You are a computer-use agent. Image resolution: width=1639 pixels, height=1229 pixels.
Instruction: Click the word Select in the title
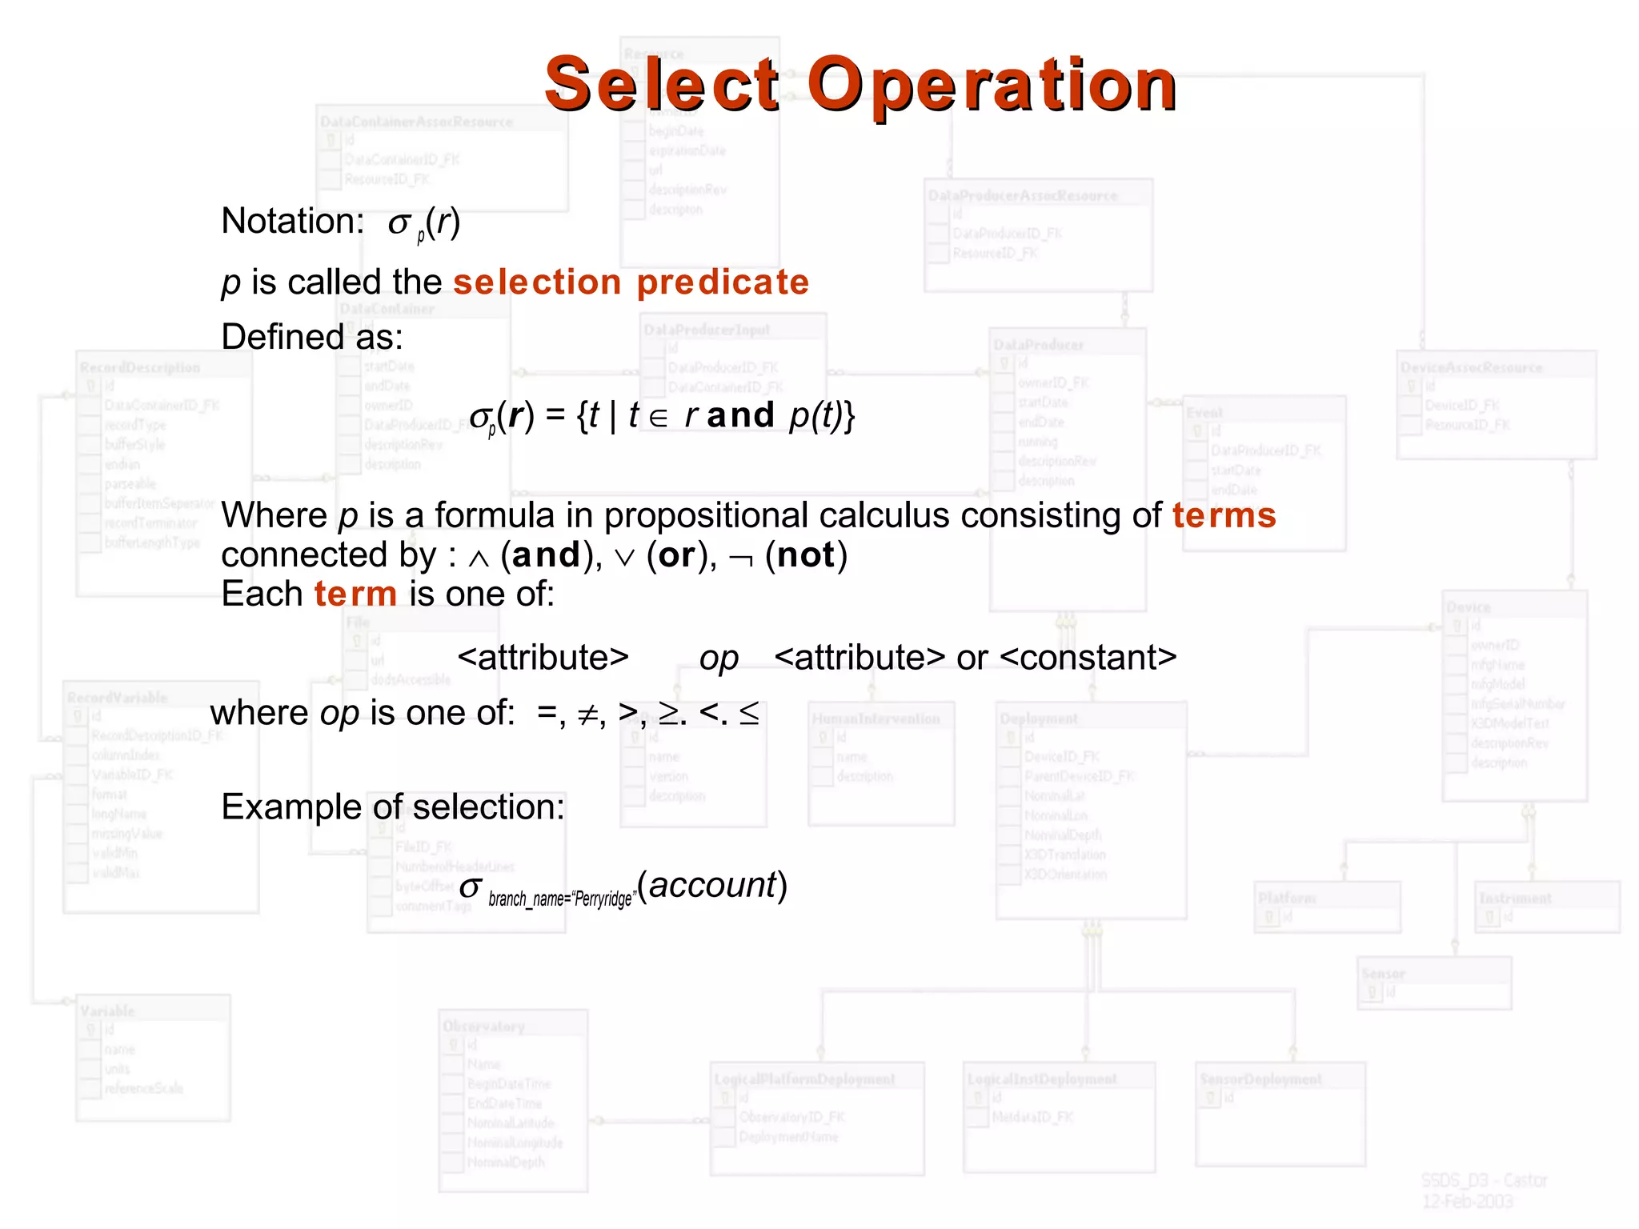click(661, 85)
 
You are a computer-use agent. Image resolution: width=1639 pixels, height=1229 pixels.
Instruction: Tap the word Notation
click(291, 222)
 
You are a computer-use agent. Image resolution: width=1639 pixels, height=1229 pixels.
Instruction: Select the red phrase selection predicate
click(631, 282)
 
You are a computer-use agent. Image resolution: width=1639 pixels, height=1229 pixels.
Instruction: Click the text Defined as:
click(312, 337)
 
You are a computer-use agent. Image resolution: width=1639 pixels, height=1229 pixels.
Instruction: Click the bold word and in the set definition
click(740, 416)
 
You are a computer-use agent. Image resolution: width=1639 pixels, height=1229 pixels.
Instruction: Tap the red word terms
click(1224, 516)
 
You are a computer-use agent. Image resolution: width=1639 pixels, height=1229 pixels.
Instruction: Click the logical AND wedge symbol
click(478, 558)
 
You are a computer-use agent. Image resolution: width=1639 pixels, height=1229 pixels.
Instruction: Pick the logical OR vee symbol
click(624, 558)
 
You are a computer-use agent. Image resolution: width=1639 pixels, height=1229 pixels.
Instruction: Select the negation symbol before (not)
click(741, 558)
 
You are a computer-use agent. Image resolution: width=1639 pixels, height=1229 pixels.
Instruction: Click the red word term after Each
click(355, 594)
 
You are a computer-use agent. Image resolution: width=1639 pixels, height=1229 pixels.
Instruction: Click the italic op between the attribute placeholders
click(719, 659)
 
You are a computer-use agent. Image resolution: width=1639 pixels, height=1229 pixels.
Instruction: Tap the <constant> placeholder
click(1088, 658)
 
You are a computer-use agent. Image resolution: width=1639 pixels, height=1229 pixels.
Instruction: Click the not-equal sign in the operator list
click(588, 715)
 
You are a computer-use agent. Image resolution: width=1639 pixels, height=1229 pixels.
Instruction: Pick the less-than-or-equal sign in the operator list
click(749, 714)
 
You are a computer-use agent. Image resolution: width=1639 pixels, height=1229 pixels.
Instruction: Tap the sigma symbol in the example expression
click(471, 887)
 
